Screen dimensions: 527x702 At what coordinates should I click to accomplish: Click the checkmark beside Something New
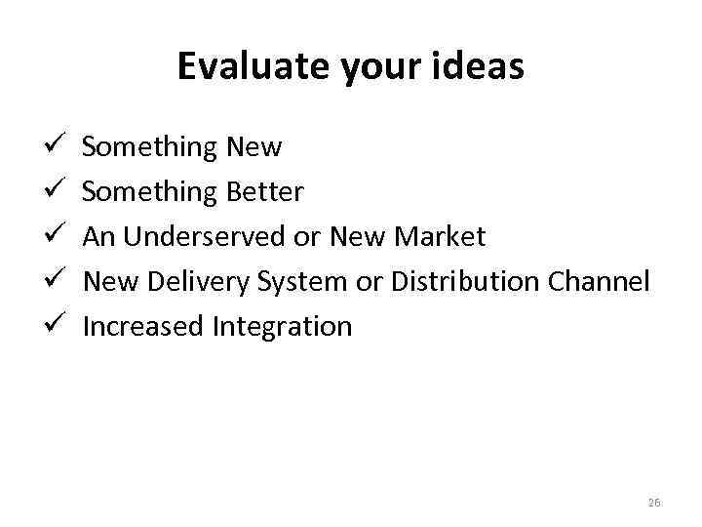54,147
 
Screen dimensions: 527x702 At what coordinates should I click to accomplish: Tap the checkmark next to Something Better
54,192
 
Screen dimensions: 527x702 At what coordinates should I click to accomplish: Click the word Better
264,192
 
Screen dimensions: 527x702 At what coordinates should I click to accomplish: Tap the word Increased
143,327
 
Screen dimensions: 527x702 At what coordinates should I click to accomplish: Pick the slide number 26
653,502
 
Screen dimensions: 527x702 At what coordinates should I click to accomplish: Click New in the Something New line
253,147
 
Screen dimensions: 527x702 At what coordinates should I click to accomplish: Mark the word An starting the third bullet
98,237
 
